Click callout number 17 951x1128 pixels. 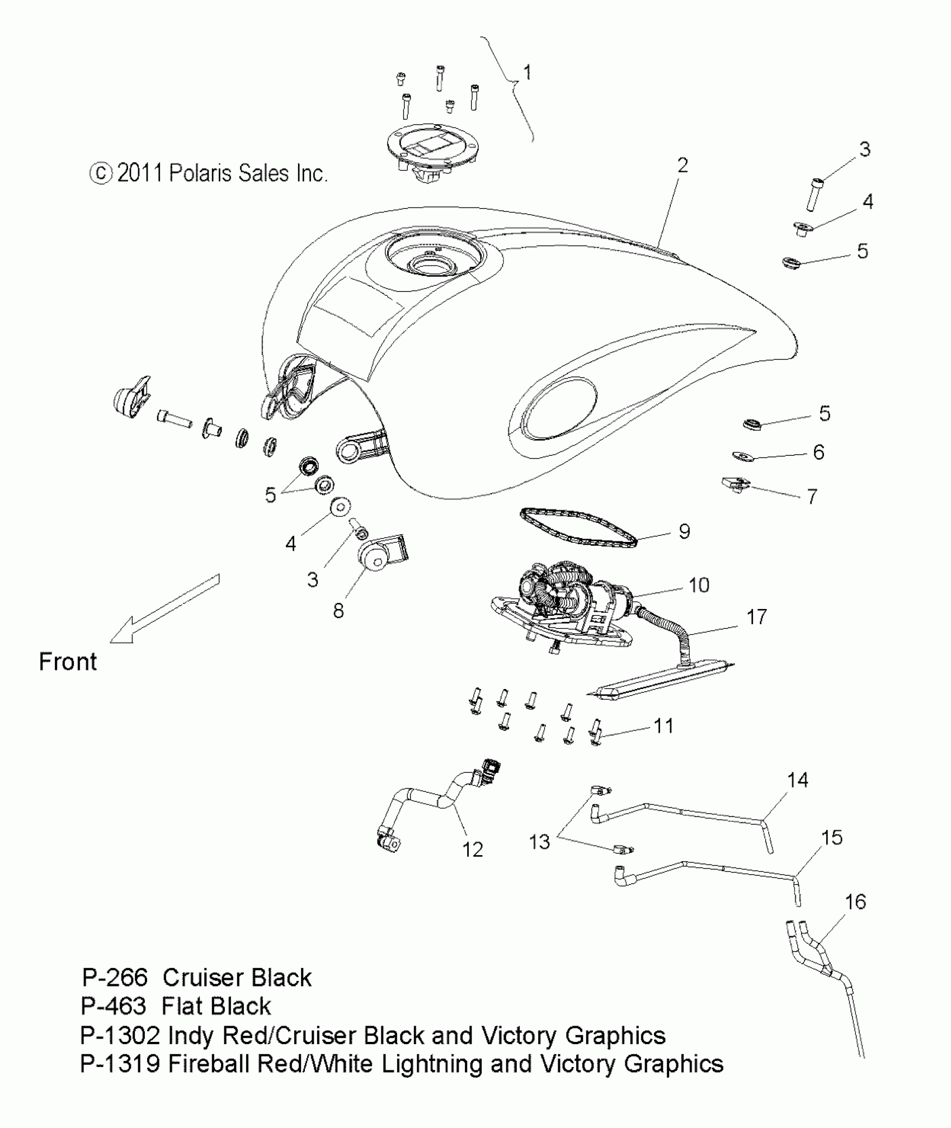(756, 617)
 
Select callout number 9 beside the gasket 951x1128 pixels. (684, 531)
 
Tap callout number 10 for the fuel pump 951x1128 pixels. (699, 585)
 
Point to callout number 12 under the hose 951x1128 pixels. (472, 849)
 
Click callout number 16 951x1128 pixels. (855, 902)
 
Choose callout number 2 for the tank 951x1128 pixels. (682, 165)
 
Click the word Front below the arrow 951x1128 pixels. (68, 662)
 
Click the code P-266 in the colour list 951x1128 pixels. (115, 978)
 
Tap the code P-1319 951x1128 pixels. (120, 1063)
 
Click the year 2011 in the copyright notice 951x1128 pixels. (139, 173)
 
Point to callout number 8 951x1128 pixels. (338, 611)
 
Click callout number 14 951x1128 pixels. (797, 780)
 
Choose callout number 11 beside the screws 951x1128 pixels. (663, 726)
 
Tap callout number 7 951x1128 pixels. (812, 495)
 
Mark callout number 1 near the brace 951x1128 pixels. (526, 73)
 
